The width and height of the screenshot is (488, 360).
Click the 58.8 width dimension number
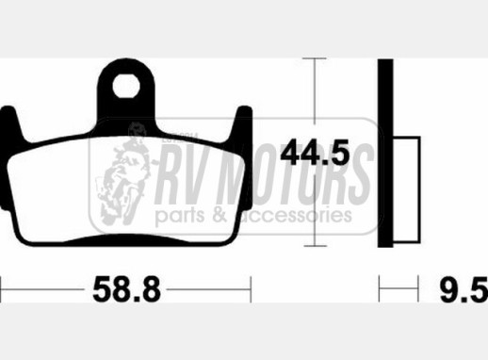coord(126,288)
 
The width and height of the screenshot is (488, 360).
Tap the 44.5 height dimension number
coord(315,153)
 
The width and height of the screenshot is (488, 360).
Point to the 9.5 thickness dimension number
coord(464,289)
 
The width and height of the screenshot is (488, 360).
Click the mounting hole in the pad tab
coord(126,86)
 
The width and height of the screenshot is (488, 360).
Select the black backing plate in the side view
coord(385,153)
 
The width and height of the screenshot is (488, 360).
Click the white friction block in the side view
coord(407,189)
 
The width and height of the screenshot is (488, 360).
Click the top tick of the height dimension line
coord(315,58)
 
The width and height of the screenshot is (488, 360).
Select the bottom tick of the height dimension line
coord(316,246)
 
